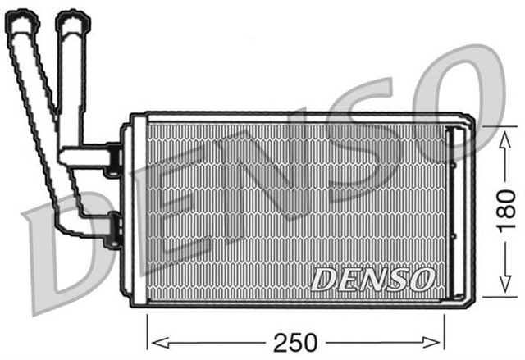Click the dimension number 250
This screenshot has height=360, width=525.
(296, 340)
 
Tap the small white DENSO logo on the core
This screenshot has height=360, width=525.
(372, 279)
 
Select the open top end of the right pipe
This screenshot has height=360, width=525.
(74, 23)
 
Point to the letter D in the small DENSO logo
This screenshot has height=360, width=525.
(322, 280)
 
